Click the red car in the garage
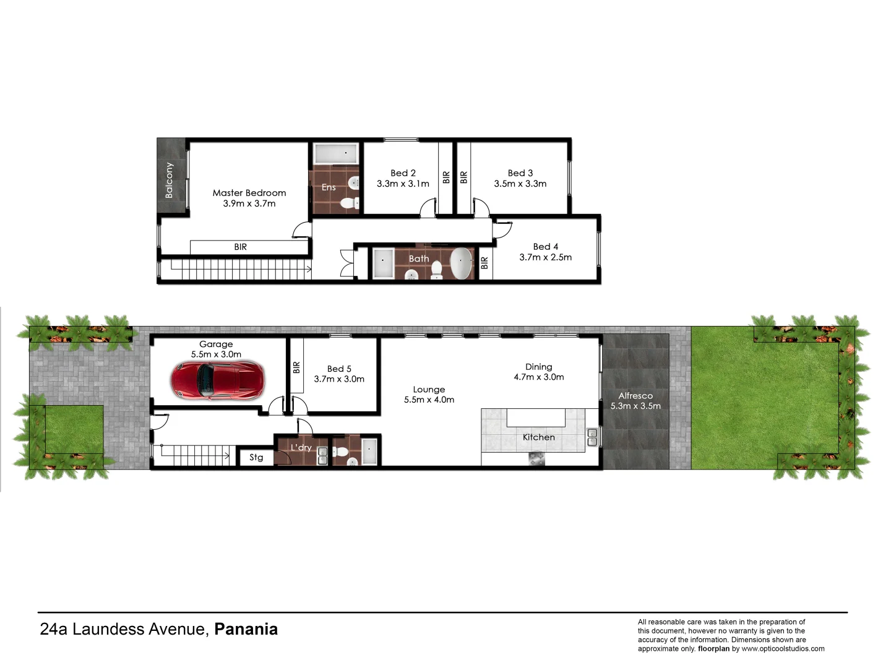[218, 380]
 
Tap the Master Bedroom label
[249, 193]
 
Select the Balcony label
[169, 180]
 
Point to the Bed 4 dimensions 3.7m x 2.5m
[545, 257]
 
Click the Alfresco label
[635, 396]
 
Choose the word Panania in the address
[246, 629]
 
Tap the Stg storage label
[256, 458]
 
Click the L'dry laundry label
[301, 447]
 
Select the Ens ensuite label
[329, 187]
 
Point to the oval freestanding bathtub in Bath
[460, 264]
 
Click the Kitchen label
[538, 437]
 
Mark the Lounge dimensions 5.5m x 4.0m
[429, 400]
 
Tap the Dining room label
[538, 367]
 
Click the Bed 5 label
[339, 369]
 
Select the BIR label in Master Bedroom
[241, 247]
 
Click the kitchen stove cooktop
[536, 458]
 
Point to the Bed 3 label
[520, 173]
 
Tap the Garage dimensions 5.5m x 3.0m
[216, 354]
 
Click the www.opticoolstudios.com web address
[783, 649]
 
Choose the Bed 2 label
[403, 173]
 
